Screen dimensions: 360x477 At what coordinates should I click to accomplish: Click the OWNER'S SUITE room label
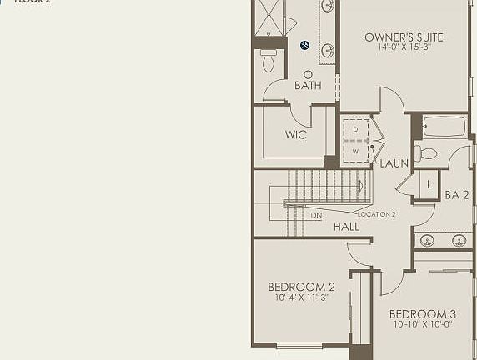point(404,37)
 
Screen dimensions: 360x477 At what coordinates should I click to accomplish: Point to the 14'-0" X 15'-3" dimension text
point(404,48)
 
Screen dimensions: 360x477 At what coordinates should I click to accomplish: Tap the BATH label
point(308,85)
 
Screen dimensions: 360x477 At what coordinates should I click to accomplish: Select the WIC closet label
point(296,134)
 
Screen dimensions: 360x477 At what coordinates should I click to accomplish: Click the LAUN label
point(394,163)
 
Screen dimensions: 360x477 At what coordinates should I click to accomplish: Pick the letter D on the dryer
point(355,130)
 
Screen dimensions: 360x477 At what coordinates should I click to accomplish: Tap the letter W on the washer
point(355,152)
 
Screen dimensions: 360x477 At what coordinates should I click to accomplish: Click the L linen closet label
point(429,184)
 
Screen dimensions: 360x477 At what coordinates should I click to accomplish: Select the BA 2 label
point(457,195)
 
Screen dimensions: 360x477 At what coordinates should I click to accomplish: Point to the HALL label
point(346,226)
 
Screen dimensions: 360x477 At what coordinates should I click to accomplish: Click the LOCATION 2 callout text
point(376,214)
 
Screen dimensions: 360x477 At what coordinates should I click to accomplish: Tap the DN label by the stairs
point(316,216)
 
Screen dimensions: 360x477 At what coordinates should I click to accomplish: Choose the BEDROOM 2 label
point(301,287)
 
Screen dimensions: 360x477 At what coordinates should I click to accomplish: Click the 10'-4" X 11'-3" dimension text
point(301,298)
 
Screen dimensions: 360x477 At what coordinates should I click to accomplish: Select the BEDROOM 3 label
point(422,314)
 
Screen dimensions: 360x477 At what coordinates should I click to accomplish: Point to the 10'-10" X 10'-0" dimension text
point(422,325)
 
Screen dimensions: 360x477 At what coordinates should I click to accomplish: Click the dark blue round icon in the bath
point(305,46)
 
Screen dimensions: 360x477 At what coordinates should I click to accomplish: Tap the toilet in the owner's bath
point(268,62)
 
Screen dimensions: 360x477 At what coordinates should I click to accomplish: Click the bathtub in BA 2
point(444,127)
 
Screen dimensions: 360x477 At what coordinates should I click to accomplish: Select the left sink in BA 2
point(427,241)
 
